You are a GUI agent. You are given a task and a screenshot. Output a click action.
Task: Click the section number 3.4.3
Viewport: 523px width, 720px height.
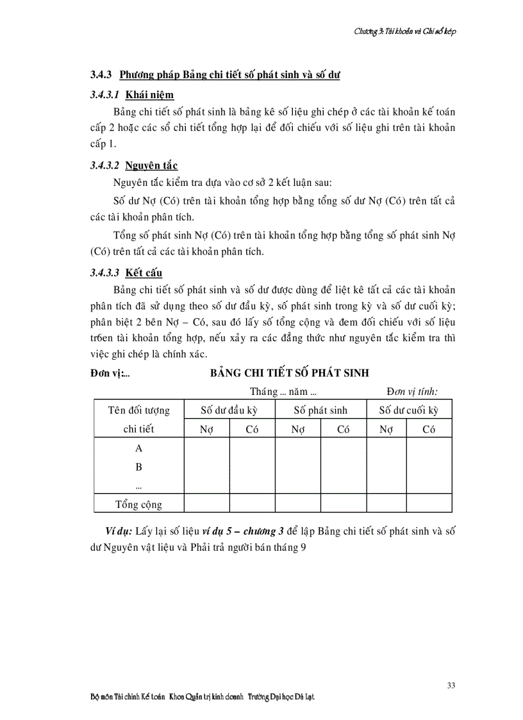click(x=102, y=75)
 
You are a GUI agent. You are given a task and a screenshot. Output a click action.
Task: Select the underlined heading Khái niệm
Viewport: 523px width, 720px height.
click(x=149, y=95)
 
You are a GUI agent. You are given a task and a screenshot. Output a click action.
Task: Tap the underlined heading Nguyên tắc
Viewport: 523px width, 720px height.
click(x=151, y=166)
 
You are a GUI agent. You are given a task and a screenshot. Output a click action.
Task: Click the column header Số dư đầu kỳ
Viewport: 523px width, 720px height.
click(x=229, y=410)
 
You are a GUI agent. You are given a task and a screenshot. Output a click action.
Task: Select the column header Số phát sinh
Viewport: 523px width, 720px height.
click(x=320, y=410)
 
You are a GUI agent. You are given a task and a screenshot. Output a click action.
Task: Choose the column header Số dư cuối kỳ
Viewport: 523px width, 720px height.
click(x=409, y=410)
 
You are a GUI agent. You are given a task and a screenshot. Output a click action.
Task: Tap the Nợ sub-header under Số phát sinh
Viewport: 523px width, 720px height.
click(x=297, y=430)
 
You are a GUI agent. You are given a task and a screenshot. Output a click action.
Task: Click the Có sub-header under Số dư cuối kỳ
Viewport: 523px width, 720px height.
click(x=429, y=430)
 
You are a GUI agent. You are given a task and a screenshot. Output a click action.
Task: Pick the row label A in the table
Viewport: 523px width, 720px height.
click(x=138, y=449)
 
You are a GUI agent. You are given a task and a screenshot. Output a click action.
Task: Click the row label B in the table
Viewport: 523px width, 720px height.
click(x=138, y=467)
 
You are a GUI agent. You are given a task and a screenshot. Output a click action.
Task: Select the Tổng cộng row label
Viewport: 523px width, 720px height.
click(x=138, y=504)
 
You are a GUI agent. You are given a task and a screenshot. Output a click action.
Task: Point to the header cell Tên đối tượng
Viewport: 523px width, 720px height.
click(x=138, y=410)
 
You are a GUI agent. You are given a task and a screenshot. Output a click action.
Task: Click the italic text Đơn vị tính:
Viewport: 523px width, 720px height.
click(x=416, y=391)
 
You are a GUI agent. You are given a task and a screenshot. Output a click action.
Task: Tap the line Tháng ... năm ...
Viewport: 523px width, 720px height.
click(x=285, y=391)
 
